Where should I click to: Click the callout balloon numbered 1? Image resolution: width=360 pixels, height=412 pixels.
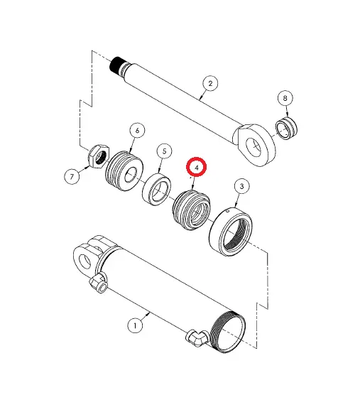(x=135, y=325)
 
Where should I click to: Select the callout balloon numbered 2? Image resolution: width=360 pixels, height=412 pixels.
(x=209, y=84)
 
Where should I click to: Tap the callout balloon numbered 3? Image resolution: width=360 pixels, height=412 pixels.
(x=241, y=187)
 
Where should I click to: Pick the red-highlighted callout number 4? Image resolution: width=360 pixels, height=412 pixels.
(x=196, y=167)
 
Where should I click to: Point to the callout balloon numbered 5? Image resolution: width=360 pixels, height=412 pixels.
(x=163, y=151)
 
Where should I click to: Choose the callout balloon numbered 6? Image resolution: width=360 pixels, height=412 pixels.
(x=136, y=130)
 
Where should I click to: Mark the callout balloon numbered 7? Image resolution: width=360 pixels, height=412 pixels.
(x=72, y=177)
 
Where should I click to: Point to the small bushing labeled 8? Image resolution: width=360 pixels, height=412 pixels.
(x=288, y=129)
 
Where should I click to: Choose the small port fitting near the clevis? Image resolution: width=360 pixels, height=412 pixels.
(x=99, y=286)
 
